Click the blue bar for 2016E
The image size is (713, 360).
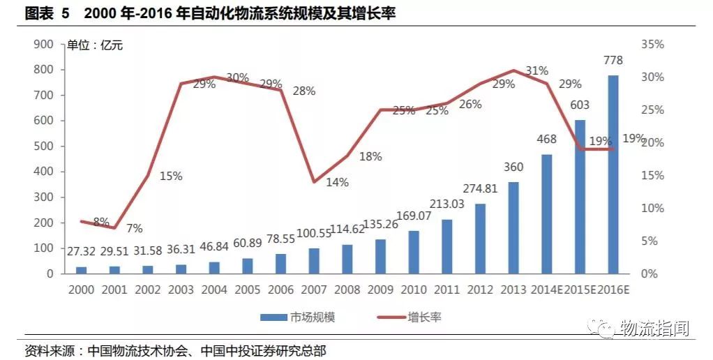[x=613, y=174]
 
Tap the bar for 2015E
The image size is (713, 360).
[x=580, y=197]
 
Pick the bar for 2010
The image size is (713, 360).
[x=414, y=252]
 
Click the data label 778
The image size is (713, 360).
[x=614, y=60]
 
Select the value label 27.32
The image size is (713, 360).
[x=82, y=252]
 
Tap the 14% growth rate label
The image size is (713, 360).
[x=337, y=182]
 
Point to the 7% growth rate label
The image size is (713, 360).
[x=134, y=228]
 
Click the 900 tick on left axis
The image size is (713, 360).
[x=43, y=44]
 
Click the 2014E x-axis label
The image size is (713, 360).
[x=548, y=289]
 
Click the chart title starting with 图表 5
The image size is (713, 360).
[x=209, y=13]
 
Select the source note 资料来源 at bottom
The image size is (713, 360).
[x=175, y=350]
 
